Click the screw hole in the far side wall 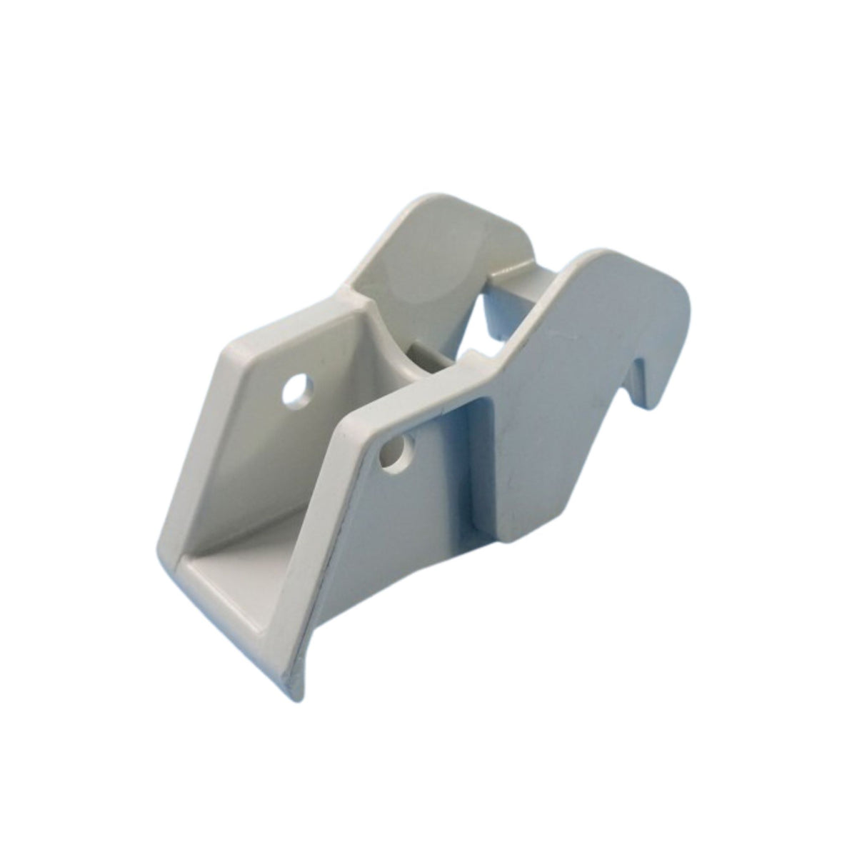pyautogui.click(x=295, y=391)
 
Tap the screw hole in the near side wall pyautogui.click(x=394, y=453)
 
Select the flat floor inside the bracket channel pyautogui.click(x=236, y=571)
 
